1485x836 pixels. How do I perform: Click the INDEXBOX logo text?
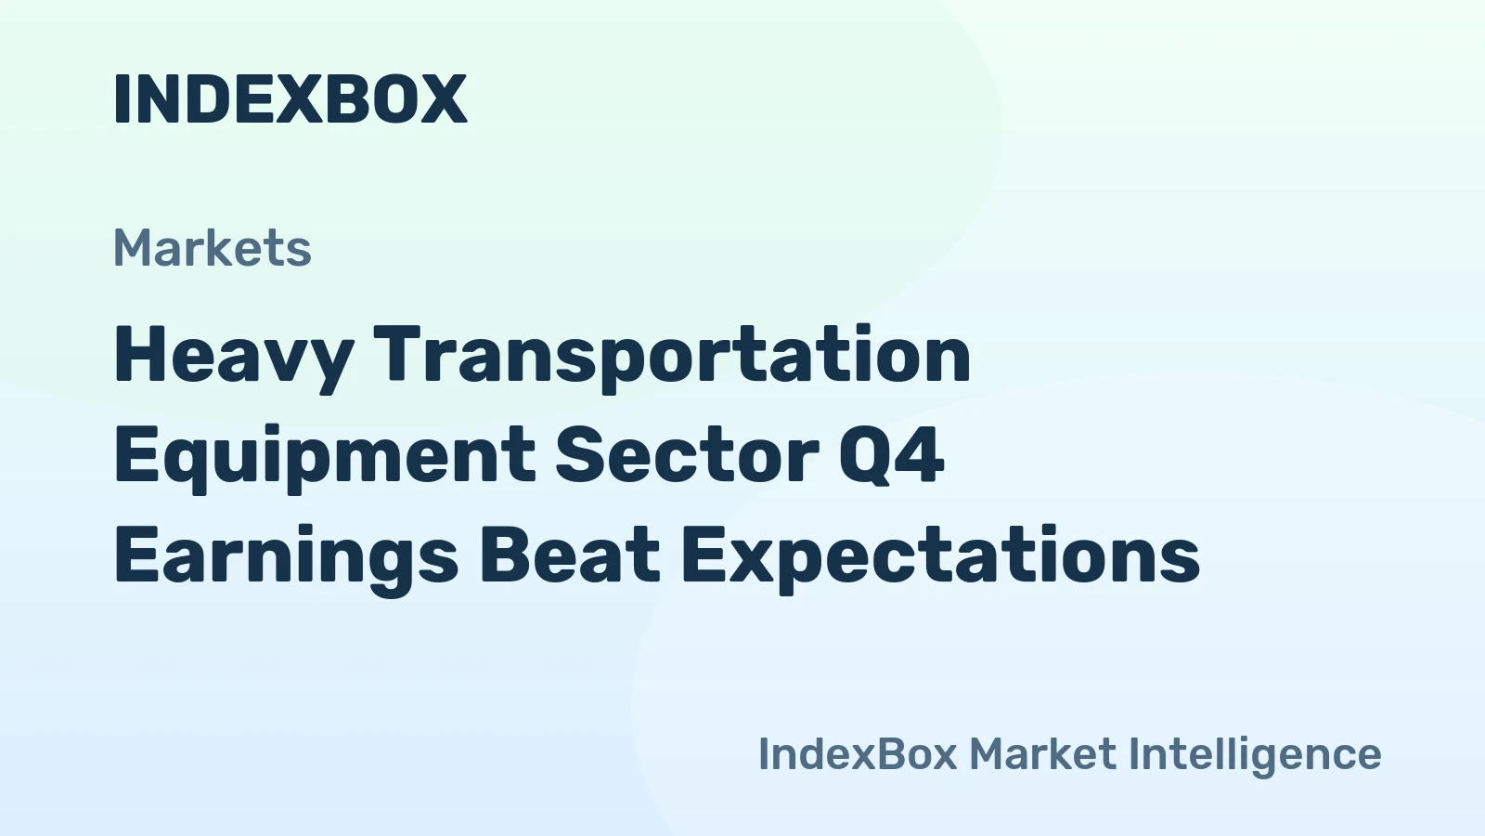click(290, 98)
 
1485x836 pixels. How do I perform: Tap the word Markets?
click(213, 248)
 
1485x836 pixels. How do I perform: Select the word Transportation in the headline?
click(672, 355)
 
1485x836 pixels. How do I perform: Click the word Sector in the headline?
click(687, 455)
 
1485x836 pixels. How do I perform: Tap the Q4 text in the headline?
click(891, 455)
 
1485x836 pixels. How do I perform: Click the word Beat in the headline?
click(569, 555)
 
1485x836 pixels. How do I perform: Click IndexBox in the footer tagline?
click(857, 753)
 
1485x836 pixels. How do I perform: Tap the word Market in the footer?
click(1042, 753)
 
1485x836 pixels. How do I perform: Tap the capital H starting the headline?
click(138, 355)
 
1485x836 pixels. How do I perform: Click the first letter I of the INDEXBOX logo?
click(121, 98)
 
